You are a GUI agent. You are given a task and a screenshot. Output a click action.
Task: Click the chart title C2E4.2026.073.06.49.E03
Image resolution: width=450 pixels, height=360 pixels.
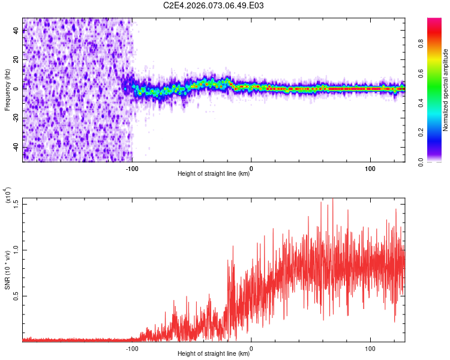214,6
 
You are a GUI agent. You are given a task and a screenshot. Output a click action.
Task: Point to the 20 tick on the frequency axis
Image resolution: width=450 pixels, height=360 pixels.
16,59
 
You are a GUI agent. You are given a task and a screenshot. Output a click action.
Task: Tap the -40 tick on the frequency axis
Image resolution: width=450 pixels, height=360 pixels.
16,147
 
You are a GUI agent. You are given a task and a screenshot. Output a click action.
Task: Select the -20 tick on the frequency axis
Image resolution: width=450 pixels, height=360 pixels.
16,118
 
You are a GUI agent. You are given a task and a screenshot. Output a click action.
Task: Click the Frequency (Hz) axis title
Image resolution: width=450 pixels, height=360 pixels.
8,89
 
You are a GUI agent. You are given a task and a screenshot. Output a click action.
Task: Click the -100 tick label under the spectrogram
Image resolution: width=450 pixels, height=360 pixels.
133,169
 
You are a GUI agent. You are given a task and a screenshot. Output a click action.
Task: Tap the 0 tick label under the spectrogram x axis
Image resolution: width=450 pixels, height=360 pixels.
251,169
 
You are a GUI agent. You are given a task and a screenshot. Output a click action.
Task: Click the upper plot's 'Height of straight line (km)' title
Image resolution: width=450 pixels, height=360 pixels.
214,174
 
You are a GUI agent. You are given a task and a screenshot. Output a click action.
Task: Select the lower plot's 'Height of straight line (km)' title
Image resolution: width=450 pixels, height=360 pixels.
214,353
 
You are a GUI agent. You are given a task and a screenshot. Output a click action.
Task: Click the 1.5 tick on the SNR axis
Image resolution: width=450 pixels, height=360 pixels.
16,203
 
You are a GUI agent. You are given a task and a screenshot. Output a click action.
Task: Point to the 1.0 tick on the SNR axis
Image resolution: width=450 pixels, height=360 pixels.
16,249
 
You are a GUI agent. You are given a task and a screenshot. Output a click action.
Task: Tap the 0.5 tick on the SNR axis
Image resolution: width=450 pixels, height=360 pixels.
16,295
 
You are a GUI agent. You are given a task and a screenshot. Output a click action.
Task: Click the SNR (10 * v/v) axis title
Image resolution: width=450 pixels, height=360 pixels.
8,270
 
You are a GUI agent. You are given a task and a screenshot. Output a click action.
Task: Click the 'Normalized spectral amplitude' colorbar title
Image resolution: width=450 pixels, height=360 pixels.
446,90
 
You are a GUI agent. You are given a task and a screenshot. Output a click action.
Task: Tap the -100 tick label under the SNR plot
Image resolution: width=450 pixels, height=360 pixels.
133,348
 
